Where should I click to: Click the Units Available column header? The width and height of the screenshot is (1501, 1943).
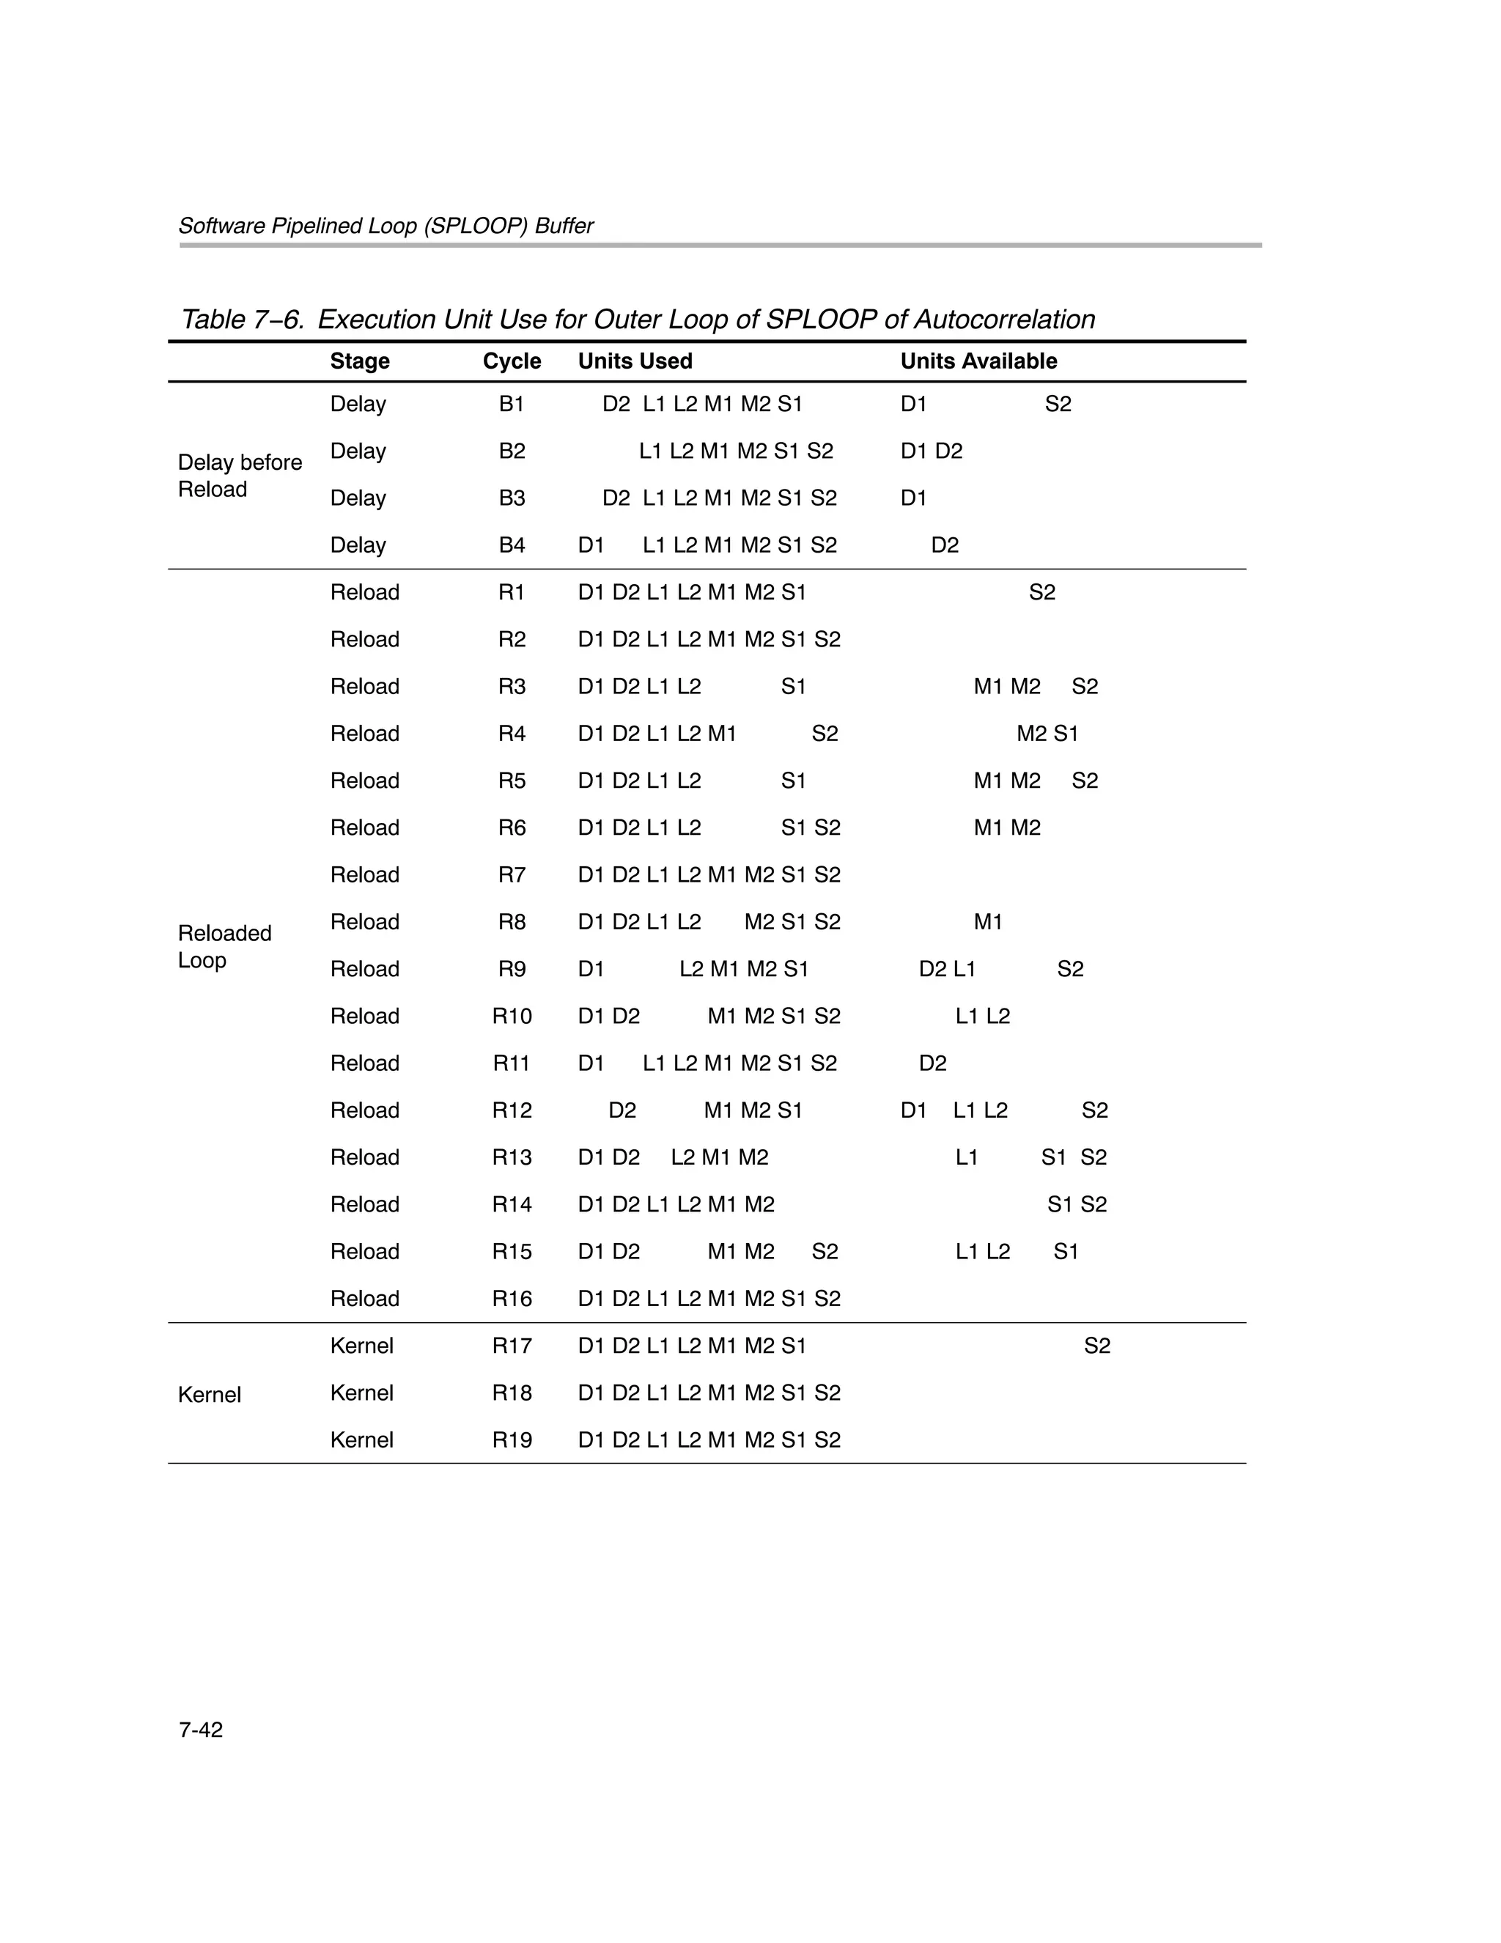coord(978,361)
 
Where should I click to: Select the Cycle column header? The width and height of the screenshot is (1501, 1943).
coord(512,361)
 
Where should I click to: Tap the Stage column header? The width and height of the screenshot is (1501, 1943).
coord(359,361)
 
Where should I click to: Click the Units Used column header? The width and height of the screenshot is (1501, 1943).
coord(635,361)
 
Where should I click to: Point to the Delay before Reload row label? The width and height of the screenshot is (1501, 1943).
coord(240,476)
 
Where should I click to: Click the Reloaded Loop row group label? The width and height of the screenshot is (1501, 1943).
coord(224,947)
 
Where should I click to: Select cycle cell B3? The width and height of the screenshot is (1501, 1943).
coord(512,498)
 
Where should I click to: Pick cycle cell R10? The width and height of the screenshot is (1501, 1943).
coord(512,1016)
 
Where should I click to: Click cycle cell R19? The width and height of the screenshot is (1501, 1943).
coord(512,1439)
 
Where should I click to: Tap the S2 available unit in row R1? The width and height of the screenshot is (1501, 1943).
coord(1042,592)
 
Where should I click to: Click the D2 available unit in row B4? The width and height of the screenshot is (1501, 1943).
coord(944,545)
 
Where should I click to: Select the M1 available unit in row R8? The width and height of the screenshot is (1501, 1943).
coord(988,922)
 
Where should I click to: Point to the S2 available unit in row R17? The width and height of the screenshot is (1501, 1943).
coord(1096,1346)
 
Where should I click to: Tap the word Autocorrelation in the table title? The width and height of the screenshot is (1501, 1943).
coord(1005,320)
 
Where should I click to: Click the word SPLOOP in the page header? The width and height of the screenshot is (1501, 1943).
coord(473,226)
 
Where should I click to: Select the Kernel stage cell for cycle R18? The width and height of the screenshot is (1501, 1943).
coord(361,1393)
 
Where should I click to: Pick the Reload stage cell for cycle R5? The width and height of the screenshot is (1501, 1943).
coord(364,781)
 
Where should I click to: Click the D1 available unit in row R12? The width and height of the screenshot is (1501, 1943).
coord(913,1110)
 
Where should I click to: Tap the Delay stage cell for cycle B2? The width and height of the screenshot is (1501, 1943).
coord(358,451)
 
